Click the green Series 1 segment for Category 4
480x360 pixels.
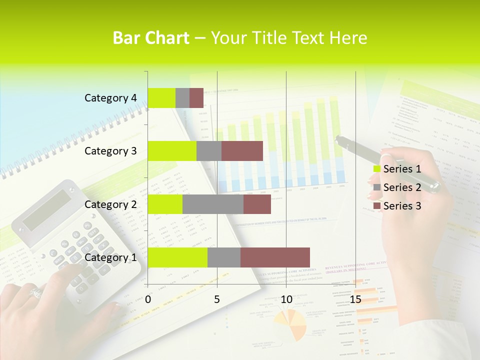[x=161, y=98]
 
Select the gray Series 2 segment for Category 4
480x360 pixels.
[x=182, y=98]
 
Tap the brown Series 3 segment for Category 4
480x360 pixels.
[x=196, y=98]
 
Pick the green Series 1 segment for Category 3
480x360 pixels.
[x=172, y=151]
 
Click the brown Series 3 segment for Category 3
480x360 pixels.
[x=242, y=151]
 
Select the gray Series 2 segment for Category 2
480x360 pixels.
[x=213, y=204]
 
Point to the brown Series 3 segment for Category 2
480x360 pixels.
[x=257, y=204]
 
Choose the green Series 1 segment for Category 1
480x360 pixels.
[x=177, y=257]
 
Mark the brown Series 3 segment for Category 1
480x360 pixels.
[x=275, y=257]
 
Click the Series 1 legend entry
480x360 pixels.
[x=397, y=169]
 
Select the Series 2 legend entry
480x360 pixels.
[x=397, y=187]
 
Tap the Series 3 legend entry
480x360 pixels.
[x=397, y=206]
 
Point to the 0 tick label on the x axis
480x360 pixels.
[x=148, y=299]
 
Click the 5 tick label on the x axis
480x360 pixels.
[x=217, y=299]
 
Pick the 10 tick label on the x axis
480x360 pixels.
[x=286, y=299]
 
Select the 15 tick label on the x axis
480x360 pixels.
[x=355, y=299]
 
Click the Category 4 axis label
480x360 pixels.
[x=110, y=98]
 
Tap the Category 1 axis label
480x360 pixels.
[x=110, y=257]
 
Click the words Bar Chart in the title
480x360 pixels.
[x=151, y=38]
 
